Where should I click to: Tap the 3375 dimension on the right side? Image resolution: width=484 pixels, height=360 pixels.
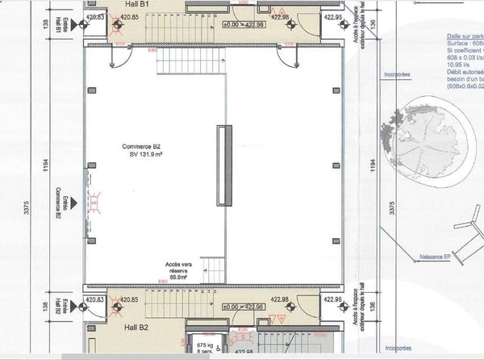tap(392, 209)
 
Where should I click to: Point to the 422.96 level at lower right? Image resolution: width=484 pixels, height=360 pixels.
tap(332, 299)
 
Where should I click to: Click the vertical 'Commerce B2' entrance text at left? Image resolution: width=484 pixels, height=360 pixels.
tap(58, 198)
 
